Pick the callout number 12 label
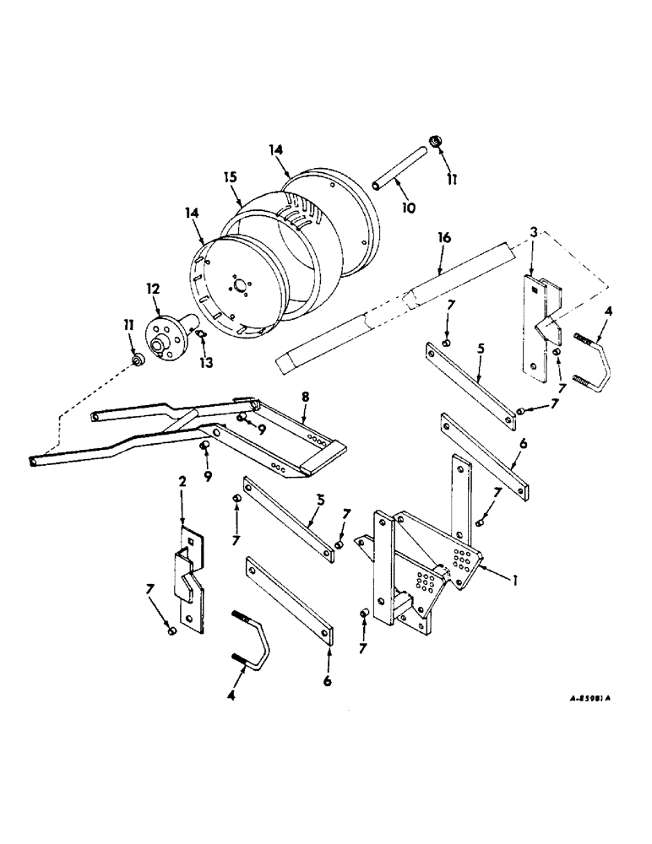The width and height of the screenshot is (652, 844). pyautogui.click(x=152, y=289)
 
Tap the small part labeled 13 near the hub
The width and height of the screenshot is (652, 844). pyautogui.click(x=202, y=334)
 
